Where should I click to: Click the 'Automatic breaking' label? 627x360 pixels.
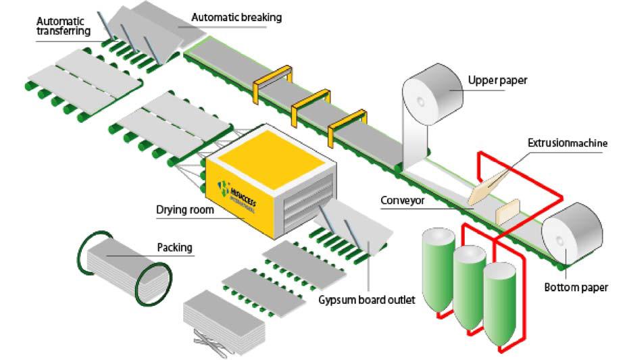(x=236, y=17)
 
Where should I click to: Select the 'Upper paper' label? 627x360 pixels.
(x=497, y=80)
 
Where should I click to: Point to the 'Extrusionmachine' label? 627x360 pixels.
(x=568, y=143)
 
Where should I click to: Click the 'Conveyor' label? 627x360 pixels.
(x=402, y=201)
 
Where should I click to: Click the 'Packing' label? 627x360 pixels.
(x=174, y=247)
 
